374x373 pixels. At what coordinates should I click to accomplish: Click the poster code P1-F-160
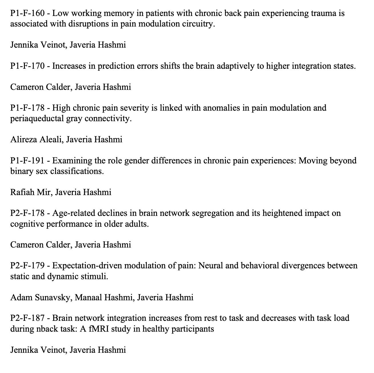[27, 13]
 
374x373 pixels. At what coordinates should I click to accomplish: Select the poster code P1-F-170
[27, 66]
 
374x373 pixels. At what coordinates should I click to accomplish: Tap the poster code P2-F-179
[27, 266]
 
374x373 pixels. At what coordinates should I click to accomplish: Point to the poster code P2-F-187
[27, 318]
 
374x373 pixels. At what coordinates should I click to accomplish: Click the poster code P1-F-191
[27, 161]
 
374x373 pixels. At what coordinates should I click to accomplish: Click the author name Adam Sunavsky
[41, 298]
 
